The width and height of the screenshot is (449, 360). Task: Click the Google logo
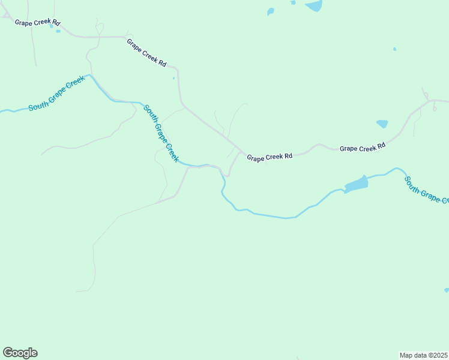pos(20,353)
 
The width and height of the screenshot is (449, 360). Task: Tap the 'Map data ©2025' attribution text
pos(423,355)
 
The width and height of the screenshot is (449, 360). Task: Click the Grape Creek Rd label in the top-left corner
pos(38,23)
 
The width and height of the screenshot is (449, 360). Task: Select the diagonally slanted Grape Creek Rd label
pos(146,53)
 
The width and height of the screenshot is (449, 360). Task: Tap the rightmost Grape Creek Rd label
pos(362,148)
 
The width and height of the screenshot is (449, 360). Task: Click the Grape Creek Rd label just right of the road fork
pos(270,157)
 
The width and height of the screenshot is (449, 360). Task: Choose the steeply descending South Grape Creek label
pos(160,133)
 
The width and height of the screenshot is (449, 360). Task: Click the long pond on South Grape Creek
pos(356,184)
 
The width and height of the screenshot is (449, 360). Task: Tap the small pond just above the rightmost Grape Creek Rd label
pos(382,124)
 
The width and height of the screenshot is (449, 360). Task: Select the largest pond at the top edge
pos(313,6)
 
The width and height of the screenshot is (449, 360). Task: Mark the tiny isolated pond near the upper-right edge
pos(394,49)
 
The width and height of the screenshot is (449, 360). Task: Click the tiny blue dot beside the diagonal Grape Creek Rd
pos(173,78)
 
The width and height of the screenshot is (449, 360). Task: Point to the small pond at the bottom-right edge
pos(447,290)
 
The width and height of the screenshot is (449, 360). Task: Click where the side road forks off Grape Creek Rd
pos(241,151)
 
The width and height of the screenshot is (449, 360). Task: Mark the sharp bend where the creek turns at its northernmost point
pos(90,76)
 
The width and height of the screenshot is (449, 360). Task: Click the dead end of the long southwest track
pos(77,292)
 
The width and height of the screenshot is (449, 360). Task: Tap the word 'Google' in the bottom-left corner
pos(20,353)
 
